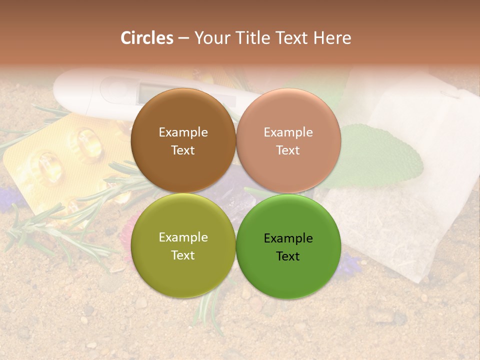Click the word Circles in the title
147,38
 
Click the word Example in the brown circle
183,132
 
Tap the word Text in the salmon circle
288,150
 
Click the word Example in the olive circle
183,237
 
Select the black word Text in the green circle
288,256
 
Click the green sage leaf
380,155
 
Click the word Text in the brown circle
183,150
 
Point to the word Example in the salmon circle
288,132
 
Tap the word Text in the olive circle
183,255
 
